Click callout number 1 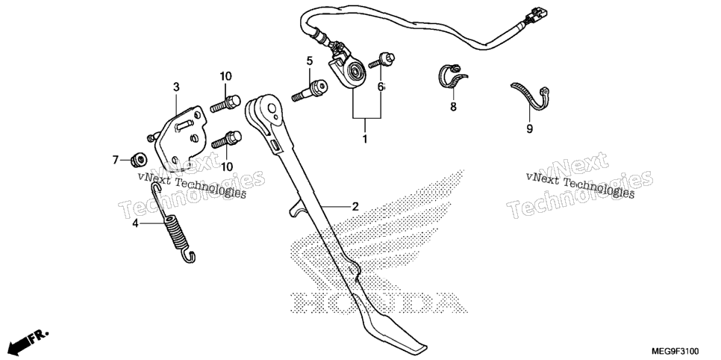tap(365, 139)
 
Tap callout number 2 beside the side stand tap(355, 207)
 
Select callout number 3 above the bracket tap(177, 87)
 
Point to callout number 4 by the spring tap(135, 223)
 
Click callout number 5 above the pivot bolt tap(310, 60)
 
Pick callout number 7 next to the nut tap(116, 160)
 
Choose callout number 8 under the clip tap(453, 107)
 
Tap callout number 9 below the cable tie tap(529, 129)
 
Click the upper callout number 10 tap(225, 76)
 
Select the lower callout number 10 tap(226, 167)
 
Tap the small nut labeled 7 tap(138, 160)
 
